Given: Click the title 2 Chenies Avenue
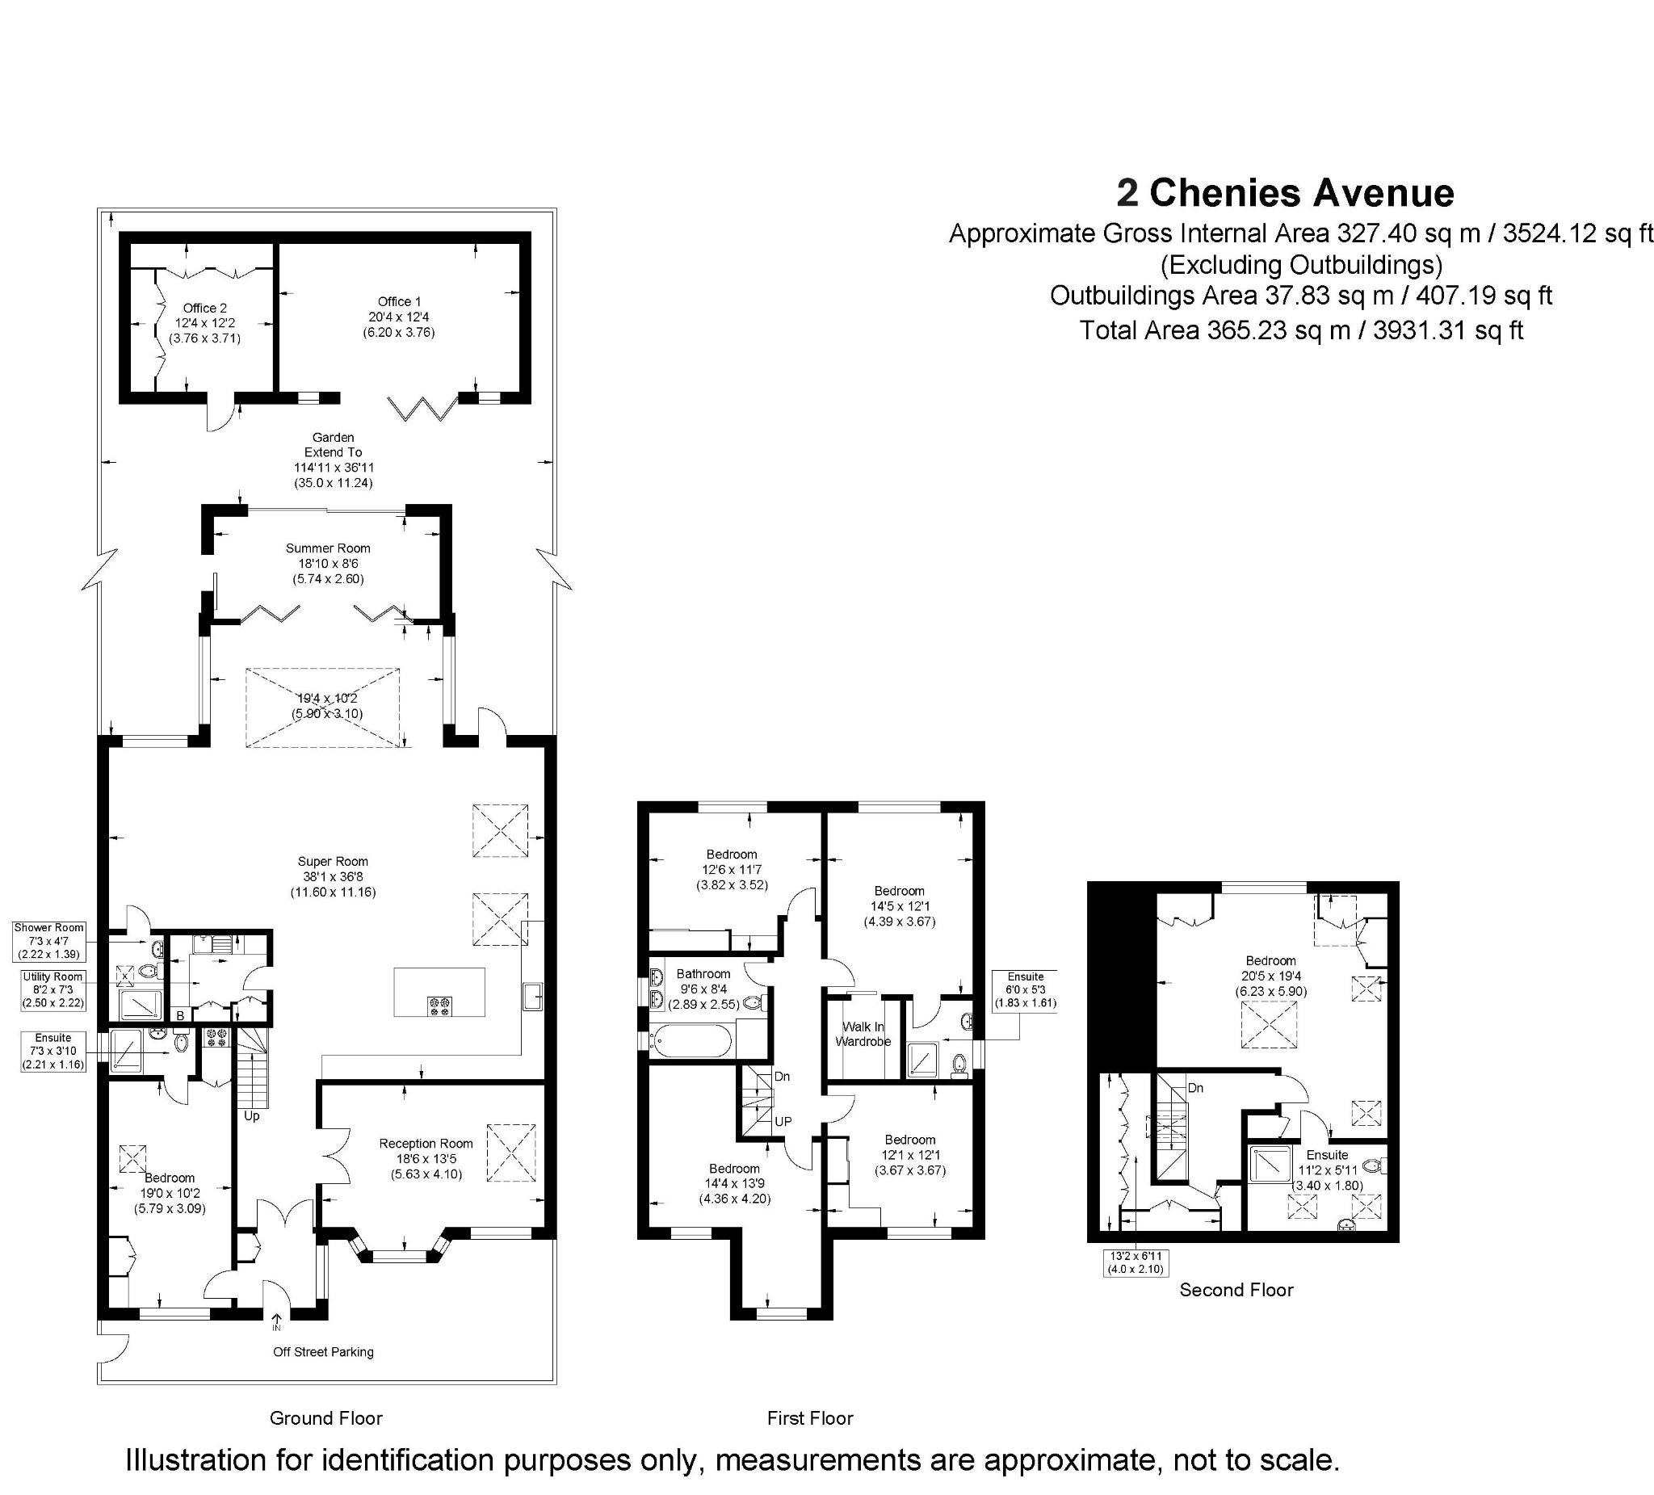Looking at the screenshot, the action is pos(1285,194).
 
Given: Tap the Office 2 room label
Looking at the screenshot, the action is pos(205,309).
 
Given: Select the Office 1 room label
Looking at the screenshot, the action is pos(400,302).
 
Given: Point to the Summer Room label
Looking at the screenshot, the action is pos(328,548).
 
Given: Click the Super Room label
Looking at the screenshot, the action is pos(333,862).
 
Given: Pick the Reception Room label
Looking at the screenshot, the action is pos(426,1143).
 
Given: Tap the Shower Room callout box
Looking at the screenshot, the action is pos(49,941).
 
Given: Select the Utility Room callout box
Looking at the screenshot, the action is pos(52,989).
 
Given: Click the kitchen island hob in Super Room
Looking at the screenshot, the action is pos(440,1006).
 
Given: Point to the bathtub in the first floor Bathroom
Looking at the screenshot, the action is pos(690,1041).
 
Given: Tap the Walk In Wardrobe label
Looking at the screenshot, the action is pos(863,1034).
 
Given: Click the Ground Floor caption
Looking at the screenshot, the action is pos(325,1418).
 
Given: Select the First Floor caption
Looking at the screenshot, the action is pos(810,1418).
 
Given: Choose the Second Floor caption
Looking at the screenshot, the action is pos(1236,1290).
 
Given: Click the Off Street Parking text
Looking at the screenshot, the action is pos(323,1351).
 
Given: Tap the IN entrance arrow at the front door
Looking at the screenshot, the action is pos(276,1322).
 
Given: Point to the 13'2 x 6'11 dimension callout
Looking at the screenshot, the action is pos(1135,1262).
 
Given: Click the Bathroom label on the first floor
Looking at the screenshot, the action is pos(703,974).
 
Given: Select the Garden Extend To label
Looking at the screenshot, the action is pos(333,445).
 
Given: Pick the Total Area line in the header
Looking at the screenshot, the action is pos(1301,330).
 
